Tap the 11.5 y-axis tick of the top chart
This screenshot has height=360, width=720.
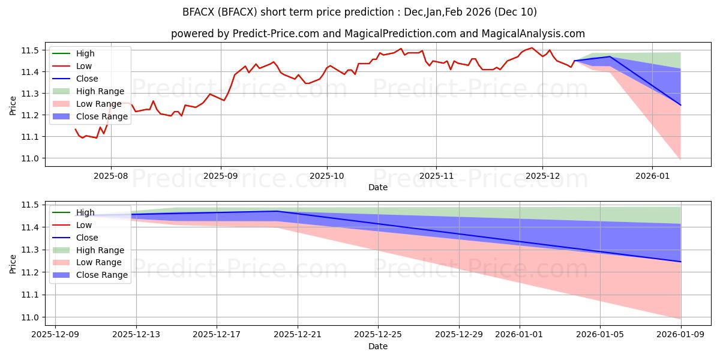34,50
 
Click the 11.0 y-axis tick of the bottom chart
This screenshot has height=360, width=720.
34,317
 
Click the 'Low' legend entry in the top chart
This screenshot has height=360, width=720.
85,66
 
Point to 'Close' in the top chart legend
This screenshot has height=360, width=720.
87,79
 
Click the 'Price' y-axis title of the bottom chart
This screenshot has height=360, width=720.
13,263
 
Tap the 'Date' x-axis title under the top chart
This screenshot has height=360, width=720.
378,187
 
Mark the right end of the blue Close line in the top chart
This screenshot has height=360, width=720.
681,105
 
